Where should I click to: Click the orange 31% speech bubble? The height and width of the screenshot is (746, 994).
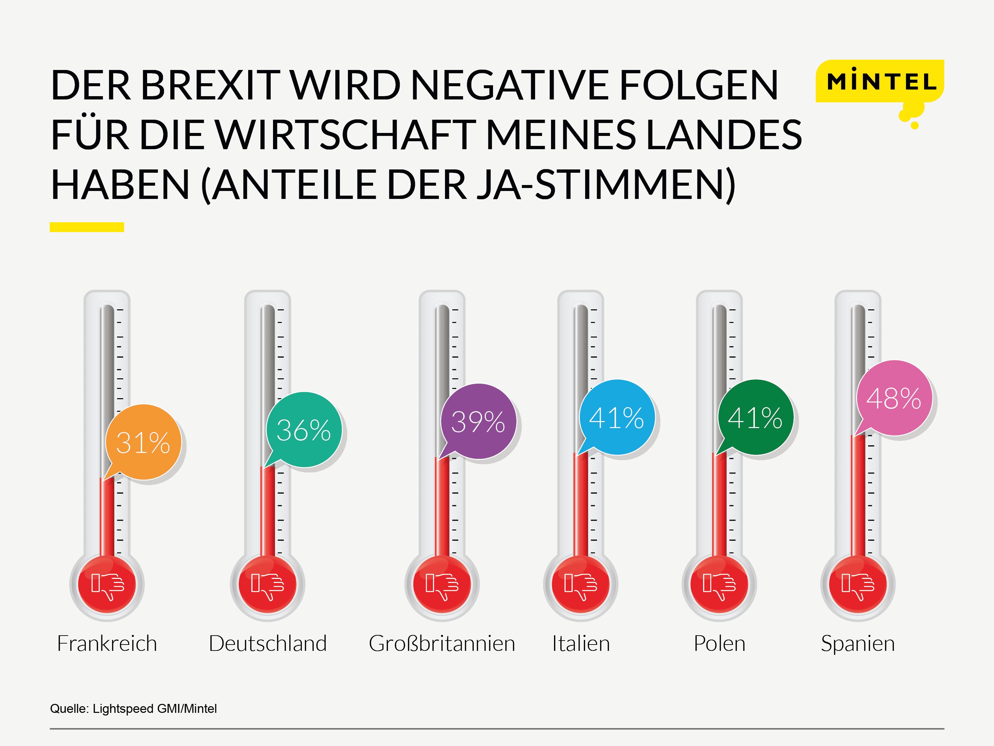pyautogui.click(x=143, y=443)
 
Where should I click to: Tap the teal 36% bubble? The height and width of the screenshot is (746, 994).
pyautogui.click(x=304, y=430)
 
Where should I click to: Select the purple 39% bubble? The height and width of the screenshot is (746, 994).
pyautogui.click(x=478, y=422)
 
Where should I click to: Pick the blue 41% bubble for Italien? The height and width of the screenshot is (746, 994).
pyautogui.click(x=617, y=418)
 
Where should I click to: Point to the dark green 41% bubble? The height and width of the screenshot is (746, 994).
pyautogui.click(x=755, y=418)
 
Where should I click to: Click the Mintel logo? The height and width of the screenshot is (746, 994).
pyautogui.click(x=881, y=82)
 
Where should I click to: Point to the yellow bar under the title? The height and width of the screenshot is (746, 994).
pyautogui.click(x=87, y=227)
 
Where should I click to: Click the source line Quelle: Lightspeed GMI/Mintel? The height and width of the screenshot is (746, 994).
pyautogui.click(x=134, y=709)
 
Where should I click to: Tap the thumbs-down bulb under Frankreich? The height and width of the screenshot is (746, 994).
pyautogui.click(x=107, y=585)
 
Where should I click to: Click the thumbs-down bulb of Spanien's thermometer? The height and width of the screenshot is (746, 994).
pyautogui.click(x=858, y=585)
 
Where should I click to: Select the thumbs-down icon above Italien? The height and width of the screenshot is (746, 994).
pyautogui.click(x=580, y=585)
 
